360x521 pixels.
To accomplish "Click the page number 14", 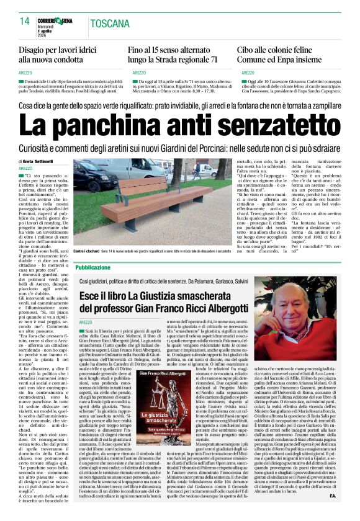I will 25,22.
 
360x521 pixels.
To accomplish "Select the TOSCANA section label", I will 110,24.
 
